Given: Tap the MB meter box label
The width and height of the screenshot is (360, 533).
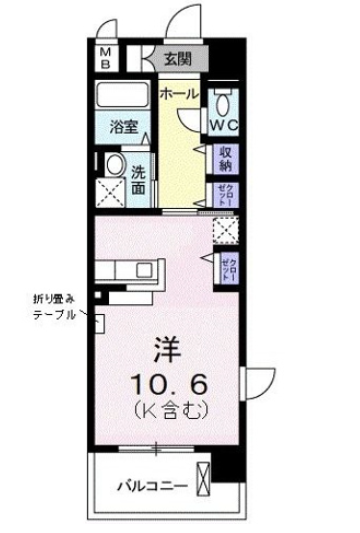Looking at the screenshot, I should (105, 58).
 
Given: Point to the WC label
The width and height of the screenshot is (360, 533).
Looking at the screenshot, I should (223, 127).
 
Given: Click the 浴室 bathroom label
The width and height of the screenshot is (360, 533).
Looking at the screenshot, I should (124, 128).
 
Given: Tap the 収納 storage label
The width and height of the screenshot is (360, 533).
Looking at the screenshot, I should (226, 160).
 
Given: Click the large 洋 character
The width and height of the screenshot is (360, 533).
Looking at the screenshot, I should (166, 351).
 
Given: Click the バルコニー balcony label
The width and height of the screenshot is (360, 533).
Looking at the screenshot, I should (150, 486).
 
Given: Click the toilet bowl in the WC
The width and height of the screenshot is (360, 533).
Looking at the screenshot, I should (223, 103).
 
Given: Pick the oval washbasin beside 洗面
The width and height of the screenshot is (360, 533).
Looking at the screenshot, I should (113, 167).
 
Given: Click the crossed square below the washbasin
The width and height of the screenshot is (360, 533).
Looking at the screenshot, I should (111, 194).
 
